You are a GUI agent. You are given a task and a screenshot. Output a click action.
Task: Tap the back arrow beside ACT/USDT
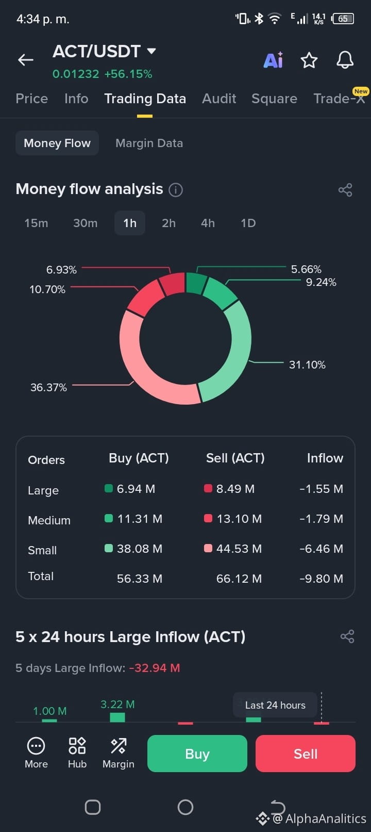click(x=26, y=59)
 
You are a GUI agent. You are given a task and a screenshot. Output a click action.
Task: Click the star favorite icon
click(x=309, y=60)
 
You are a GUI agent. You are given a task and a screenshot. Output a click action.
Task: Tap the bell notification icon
click(x=345, y=60)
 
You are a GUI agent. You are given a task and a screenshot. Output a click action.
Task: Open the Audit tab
click(x=219, y=99)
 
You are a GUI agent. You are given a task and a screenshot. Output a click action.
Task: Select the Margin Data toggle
click(x=149, y=143)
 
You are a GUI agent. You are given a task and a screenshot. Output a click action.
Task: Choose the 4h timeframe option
click(x=208, y=223)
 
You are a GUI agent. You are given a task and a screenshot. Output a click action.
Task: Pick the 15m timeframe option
click(x=37, y=223)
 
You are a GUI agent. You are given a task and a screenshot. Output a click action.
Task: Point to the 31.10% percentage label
click(x=307, y=365)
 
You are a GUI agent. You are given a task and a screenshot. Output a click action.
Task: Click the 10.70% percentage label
click(x=47, y=290)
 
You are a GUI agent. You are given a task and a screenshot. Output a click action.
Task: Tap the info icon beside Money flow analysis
click(x=176, y=190)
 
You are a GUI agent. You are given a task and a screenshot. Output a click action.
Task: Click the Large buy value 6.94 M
click(x=136, y=489)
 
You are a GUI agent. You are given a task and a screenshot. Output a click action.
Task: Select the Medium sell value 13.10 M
click(x=239, y=519)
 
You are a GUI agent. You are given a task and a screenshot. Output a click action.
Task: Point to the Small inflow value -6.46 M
click(x=322, y=549)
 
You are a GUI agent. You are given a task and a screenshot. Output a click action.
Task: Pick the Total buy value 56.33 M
click(x=140, y=578)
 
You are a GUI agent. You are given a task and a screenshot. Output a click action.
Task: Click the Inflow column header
click(x=325, y=458)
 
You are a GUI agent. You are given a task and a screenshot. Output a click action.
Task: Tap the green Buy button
click(x=197, y=754)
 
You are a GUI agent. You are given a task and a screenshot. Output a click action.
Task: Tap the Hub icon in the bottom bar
click(x=77, y=752)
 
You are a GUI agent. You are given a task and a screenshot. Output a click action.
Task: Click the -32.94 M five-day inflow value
click(x=155, y=668)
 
